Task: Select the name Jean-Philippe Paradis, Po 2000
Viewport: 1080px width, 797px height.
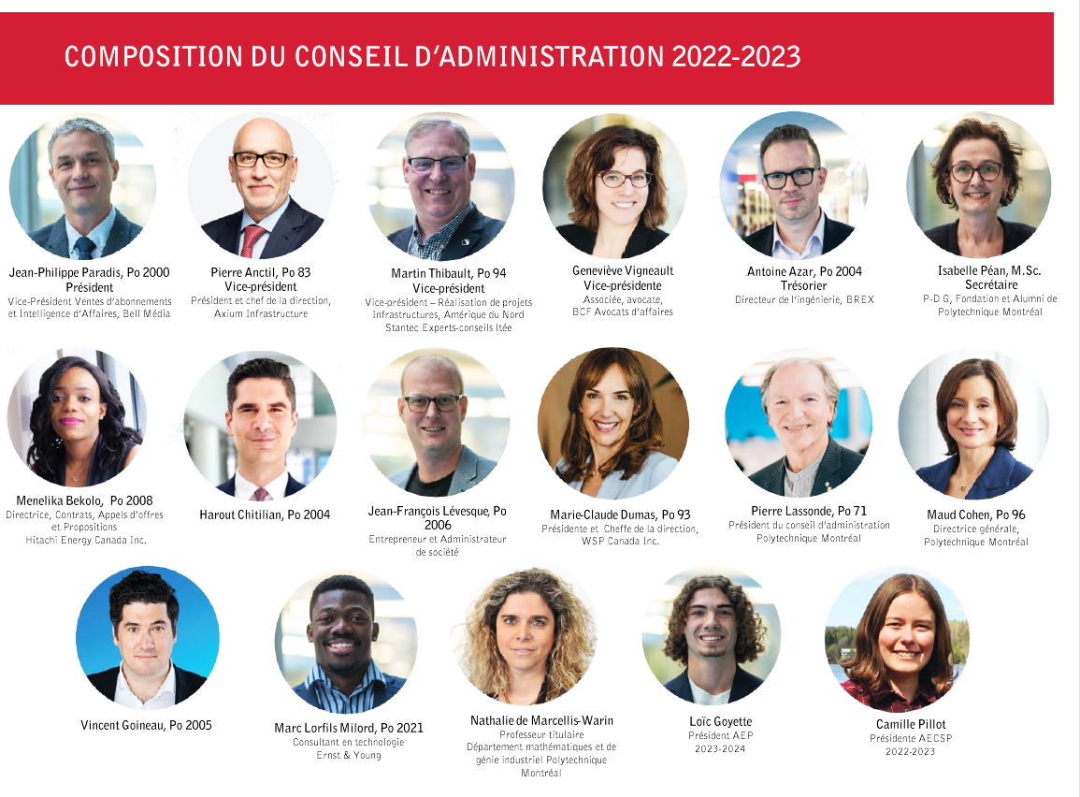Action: (90, 272)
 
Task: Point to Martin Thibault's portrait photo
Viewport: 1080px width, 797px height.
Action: (439, 187)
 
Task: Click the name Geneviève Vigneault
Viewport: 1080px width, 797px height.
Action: (623, 270)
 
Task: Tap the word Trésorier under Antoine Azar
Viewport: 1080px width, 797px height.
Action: (804, 285)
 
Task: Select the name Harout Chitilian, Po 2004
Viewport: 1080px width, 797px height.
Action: (265, 514)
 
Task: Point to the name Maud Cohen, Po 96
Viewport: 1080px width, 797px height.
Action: (976, 514)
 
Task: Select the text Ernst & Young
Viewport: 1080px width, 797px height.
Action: (348, 755)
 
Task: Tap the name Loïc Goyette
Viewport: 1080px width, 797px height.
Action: (720, 721)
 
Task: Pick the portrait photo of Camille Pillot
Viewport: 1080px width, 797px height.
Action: (898, 641)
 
